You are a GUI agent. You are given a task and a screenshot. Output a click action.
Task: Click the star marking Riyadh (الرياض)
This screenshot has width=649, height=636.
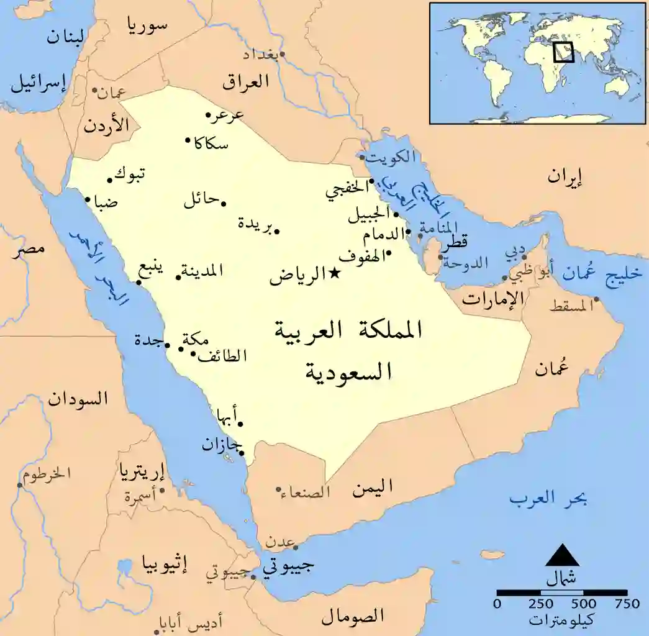coord(334,272)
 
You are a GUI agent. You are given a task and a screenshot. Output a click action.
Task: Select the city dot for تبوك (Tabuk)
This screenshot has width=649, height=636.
coord(110,180)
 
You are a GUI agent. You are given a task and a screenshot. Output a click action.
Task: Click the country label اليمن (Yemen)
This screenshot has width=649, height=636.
coord(373,489)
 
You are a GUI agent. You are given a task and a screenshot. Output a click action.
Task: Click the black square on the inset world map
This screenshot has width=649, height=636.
coord(563,52)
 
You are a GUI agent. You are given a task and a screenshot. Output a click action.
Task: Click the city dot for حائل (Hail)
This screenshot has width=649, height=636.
coord(223,204)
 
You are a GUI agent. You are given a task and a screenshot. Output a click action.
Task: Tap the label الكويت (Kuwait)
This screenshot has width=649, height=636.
coord(389,157)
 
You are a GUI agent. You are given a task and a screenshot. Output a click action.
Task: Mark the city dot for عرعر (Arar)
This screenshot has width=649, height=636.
coord(209,115)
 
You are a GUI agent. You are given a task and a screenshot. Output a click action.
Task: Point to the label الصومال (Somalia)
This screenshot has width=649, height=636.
coord(352,616)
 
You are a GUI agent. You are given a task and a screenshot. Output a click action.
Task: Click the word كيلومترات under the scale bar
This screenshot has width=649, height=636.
coord(561,620)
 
